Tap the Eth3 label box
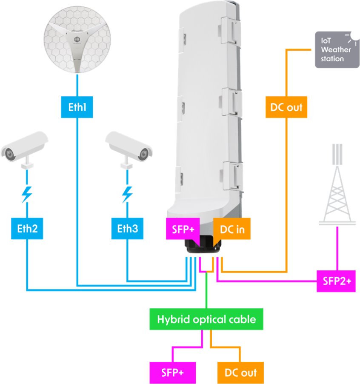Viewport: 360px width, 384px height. pos(127,229)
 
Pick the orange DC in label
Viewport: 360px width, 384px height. pos(232,229)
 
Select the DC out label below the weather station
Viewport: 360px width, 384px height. pos(286,107)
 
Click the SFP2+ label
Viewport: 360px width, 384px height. pos(336,281)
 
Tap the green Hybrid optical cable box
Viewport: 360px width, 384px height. pos(206,319)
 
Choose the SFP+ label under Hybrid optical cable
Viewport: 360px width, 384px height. pos(172,373)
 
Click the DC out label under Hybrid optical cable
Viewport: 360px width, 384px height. pos(240,373)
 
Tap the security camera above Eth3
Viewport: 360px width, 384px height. pos(128,147)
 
